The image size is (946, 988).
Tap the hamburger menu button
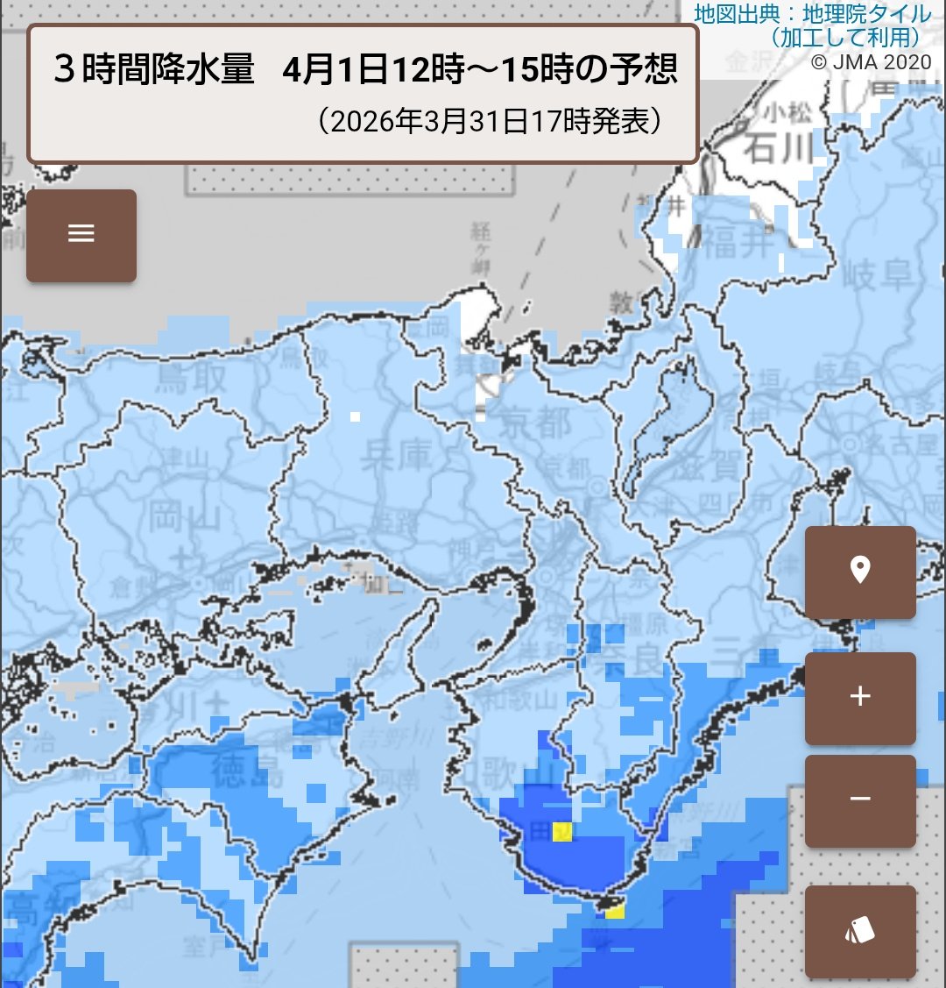point(81,234)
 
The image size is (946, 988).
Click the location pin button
point(860,572)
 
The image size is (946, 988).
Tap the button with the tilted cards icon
point(860,930)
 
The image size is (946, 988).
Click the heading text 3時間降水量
point(154,70)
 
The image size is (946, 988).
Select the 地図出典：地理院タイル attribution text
point(812,14)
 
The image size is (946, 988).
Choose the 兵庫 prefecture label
point(399,455)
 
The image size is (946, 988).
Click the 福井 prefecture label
point(740,243)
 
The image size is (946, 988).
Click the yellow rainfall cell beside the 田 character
point(563,832)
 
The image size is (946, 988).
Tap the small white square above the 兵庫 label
point(354,416)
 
